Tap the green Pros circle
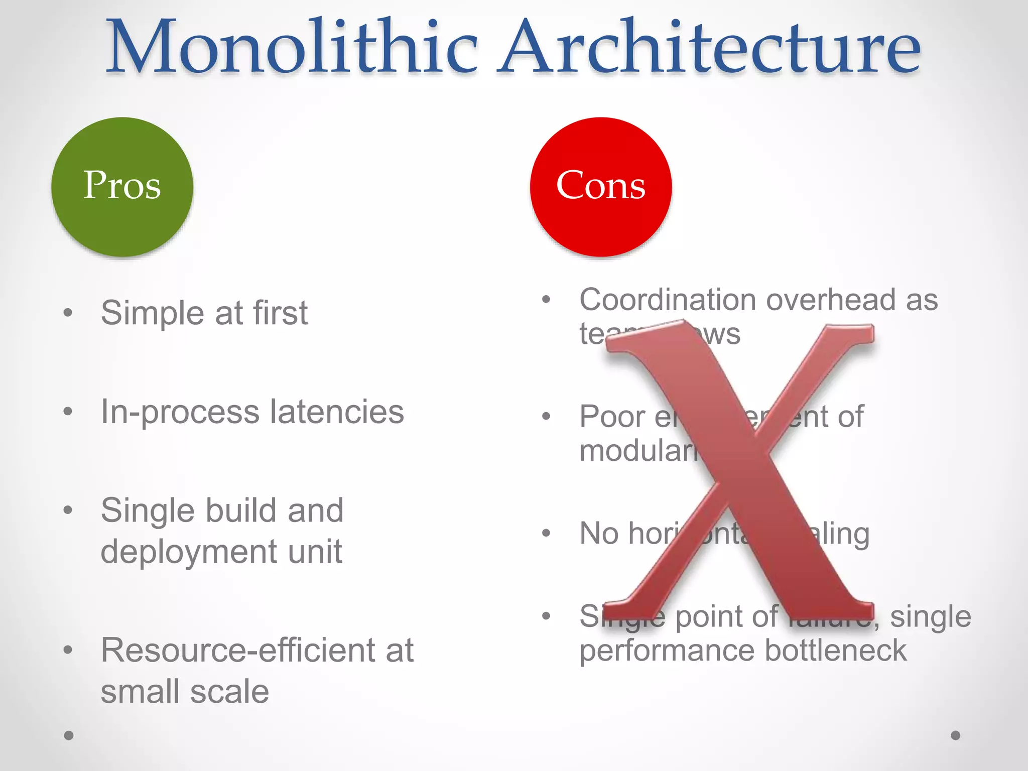[x=122, y=186]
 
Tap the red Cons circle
[x=600, y=186]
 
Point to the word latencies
[x=337, y=412]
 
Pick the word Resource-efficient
[x=235, y=650]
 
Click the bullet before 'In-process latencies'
[x=68, y=412]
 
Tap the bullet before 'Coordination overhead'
[x=547, y=300]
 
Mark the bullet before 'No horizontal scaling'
[x=547, y=533]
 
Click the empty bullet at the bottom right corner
[x=955, y=735]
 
